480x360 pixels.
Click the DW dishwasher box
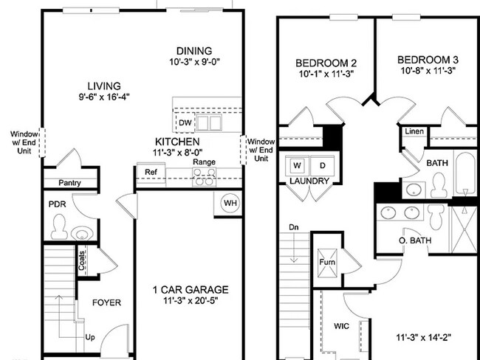(x=185, y=122)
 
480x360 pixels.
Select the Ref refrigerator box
(x=151, y=173)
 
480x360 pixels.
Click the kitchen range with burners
(x=204, y=176)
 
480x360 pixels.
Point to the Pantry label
(x=68, y=183)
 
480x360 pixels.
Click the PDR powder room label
(x=58, y=204)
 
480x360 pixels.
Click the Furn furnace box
(x=326, y=261)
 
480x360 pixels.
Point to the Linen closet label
(x=413, y=131)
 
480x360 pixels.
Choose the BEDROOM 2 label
(x=326, y=63)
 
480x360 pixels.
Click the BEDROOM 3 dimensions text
(x=427, y=72)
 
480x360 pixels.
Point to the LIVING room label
(x=103, y=86)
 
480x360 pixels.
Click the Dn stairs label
(x=294, y=227)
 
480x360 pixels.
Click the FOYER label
(x=106, y=302)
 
